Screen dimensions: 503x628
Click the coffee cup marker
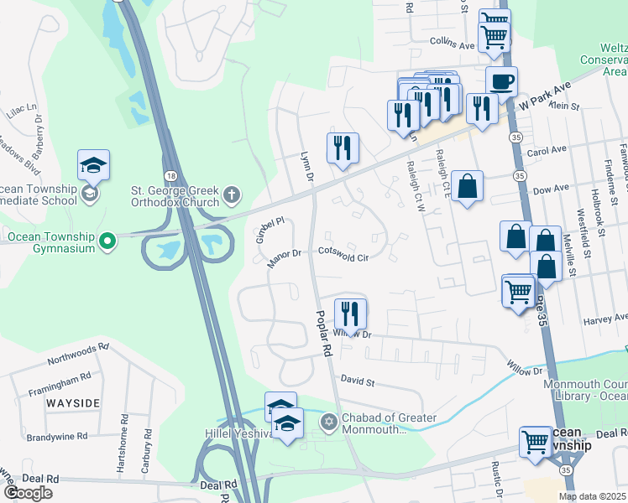pos(501,82)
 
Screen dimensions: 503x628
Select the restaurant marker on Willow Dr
pos(350,314)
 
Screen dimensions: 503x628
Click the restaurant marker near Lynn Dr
pos(343,148)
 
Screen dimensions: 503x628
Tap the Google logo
pos(27,493)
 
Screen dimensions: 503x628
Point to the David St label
pos(357,381)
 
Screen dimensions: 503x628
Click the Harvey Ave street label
pos(605,319)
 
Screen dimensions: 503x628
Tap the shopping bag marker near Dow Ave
pos(467,186)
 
